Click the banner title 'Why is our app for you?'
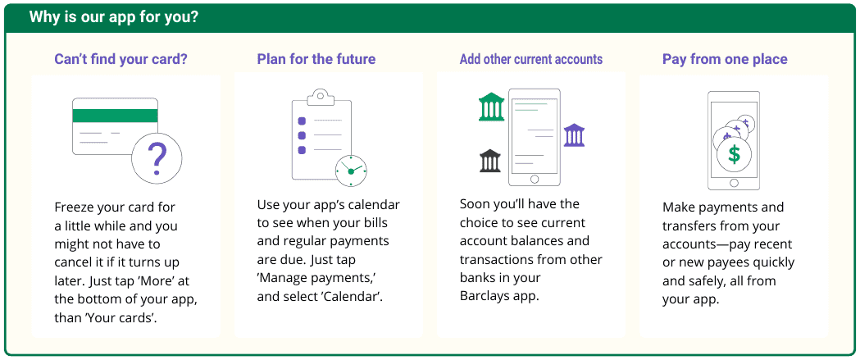click(x=114, y=17)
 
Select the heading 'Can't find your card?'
click(x=121, y=59)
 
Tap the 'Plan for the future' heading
click(x=316, y=59)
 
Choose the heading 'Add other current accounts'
click(x=531, y=59)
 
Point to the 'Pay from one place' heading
click(x=725, y=59)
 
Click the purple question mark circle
click(x=157, y=157)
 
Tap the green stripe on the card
click(x=115, y=116)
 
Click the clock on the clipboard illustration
click(x=351, y=171)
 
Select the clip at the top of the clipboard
click(x=321, y=97)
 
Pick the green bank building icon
click(x=491, y=107)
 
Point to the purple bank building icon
click(x=574, y=135)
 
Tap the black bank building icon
click(x=489, y=160)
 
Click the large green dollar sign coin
click(x=734, y=154)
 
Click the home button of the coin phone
click(x=734, y=183)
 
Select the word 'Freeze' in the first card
click(x=74, y=207)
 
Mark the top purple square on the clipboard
click(x=301, y=121)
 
